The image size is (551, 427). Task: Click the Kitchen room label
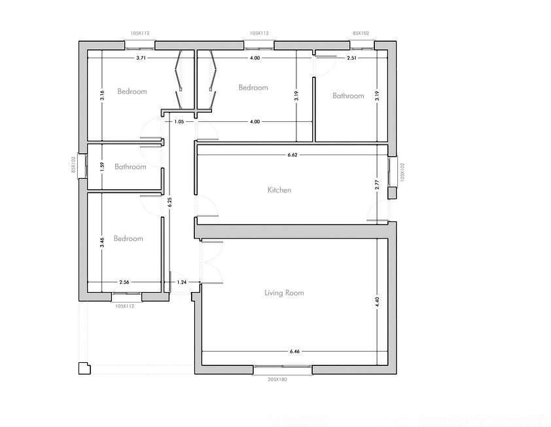click(x=279, y=190)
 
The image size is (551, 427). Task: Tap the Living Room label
click(x=284, y=293)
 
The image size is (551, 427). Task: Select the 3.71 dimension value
click(x=141, y=58)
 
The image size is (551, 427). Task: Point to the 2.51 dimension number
click(x=351, y=58)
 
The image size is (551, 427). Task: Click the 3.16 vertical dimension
click(x=102, y=96)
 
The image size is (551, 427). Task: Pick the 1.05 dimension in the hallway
click(x=179, y=122)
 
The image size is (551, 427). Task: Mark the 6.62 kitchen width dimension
click(x=293, y=155)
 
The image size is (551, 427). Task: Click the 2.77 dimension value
click(x=377, y=185)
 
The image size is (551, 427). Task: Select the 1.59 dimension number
click(x=102, y=166)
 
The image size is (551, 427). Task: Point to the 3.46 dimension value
click(x=102, y=242)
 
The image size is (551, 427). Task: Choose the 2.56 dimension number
click(x=124, y=282)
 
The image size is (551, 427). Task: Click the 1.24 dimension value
click(x=182, y=282)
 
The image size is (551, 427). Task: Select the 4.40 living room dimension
click(x=377, y=302)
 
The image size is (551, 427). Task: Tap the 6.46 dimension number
click(x=295, y=351)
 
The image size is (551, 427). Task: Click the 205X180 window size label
click(x=277, y=379)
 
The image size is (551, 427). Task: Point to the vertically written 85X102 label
click(x=73, y=164)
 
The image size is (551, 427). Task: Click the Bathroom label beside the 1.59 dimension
click(x=130, y=166)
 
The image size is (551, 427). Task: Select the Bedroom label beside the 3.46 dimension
click(x=128, y=238)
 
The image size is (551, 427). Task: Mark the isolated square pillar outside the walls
click(x=84, y=368)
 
